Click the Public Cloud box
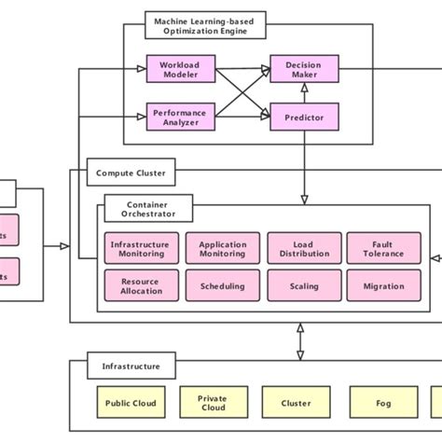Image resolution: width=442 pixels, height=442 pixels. tap(131, 403)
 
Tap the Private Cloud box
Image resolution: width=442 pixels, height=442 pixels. tap(212, 403)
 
